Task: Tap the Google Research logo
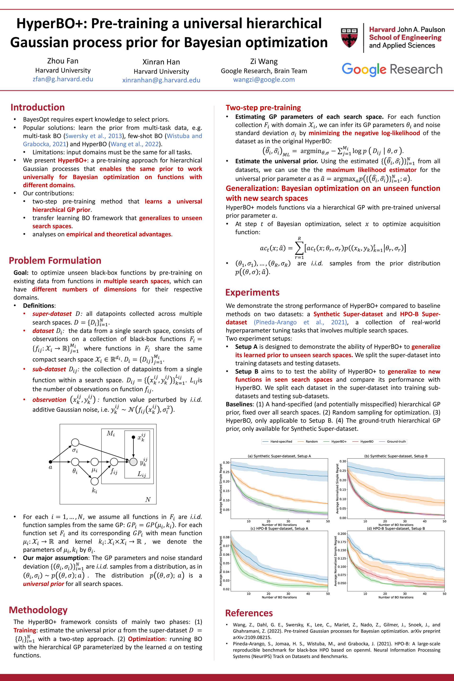pyautogui.click(x=392, y=70)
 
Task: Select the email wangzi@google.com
pyautogui.click(x=264, y=80)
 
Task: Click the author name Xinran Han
pyautogui.click(x=161, y=62)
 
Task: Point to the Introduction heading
pyautogui.click(x=38, y=107)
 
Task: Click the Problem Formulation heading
pyautogui.click(x=55, y=261)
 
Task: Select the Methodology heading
pyautogui.click(x=38, y=610)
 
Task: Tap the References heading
pyautogui.click(x=249, y=613)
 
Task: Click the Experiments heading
pyautogui.click(x=252, y=292)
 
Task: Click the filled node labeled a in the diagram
pyautogui.click(x=50, y=462)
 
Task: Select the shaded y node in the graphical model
pyautogui.click(x=133, y=462)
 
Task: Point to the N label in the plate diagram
pyautogui.click(x=148, y=499)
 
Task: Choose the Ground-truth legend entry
pyautogui.click(x=396, y=441)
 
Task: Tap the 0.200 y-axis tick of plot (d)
pyautogui.click(x=342, y=534)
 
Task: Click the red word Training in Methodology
pyautogui.click(x=25, y=630)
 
